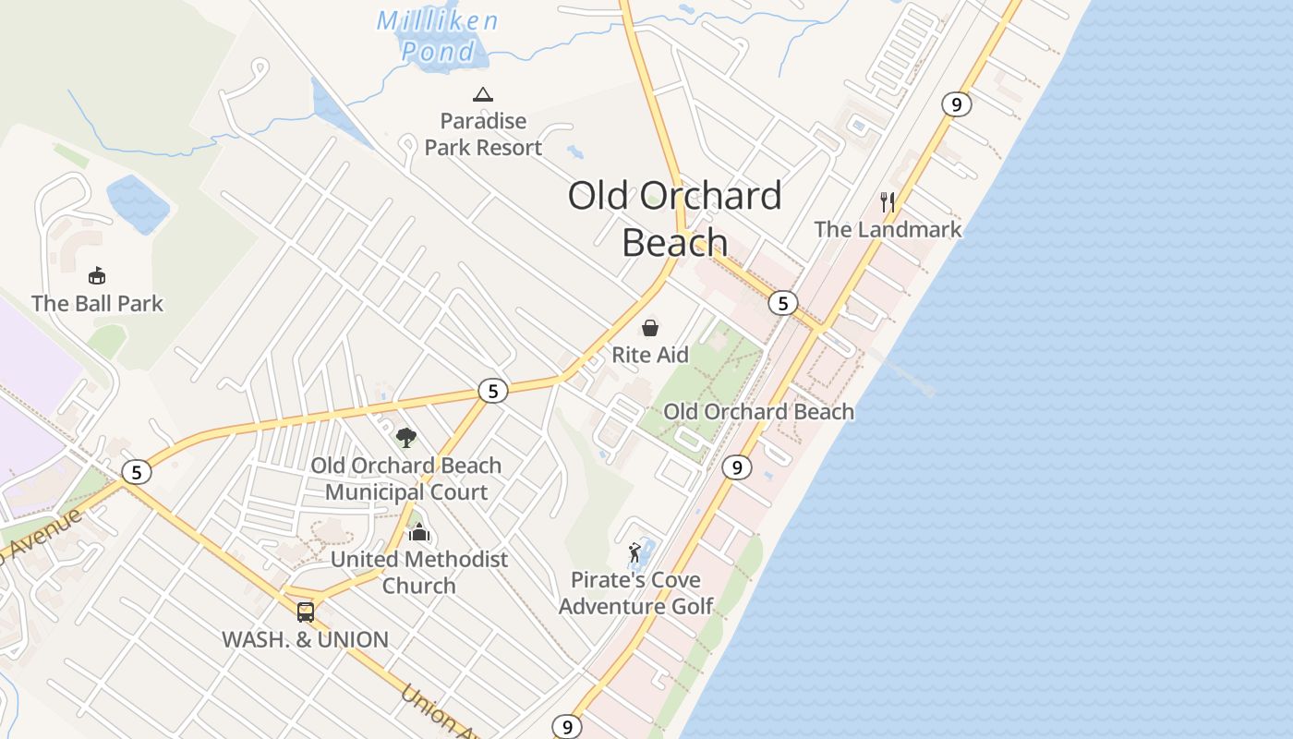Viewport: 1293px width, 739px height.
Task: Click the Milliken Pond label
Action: tap(438, 35)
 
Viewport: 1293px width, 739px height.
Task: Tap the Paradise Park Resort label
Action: tap(483, 134)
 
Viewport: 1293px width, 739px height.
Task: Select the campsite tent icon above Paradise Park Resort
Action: tap(482, 94)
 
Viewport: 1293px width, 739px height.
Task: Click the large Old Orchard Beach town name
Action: tap(674, 219)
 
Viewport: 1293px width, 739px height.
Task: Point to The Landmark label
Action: tap(888, 229)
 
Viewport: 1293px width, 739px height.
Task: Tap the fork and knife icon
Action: tap(888, 201)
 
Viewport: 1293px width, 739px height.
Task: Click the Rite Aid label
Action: tap(650, 355)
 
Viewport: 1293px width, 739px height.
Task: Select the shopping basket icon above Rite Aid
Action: tap(650, 328)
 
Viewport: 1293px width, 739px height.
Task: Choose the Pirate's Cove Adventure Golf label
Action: tap(635, 593)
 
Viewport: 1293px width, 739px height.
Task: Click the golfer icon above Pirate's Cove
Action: tap(634, 553)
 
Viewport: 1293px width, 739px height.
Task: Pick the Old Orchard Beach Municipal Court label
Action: tap(406, 479)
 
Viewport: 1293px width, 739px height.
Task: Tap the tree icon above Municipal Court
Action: tap(405, 438)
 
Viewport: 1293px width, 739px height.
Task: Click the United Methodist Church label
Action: tap(419, 572)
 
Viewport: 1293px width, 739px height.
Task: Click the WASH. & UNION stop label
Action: tap(305, 639)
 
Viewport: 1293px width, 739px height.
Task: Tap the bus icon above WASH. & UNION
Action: tap(306, 612)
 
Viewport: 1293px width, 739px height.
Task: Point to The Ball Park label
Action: tap(97, 303)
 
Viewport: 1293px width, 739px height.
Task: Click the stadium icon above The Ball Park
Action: tap(97, 275)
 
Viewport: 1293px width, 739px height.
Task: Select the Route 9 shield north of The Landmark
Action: tap(956, 104)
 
